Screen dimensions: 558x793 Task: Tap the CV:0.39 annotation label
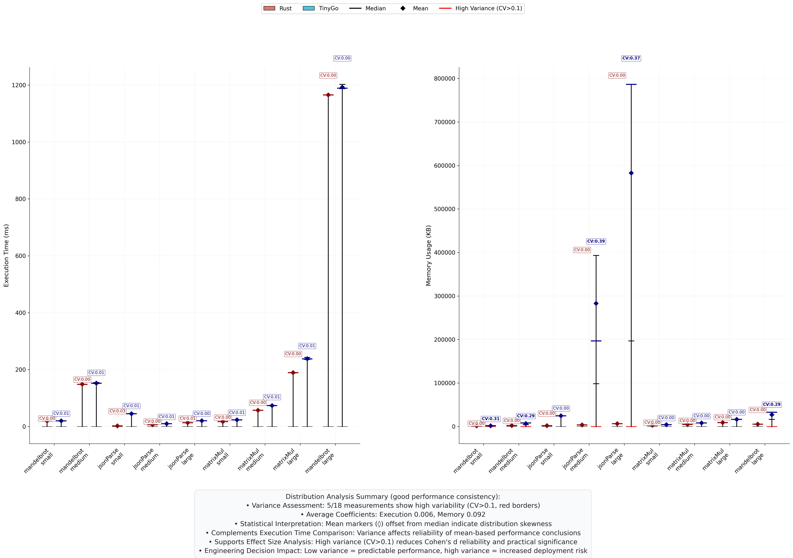(596, 241)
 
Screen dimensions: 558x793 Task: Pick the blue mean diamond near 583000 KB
(631, 173)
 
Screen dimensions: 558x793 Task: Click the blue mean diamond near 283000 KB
(596, 303)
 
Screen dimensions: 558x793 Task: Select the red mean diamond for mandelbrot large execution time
(328, 95)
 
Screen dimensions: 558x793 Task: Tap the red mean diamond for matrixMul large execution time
(293, 372)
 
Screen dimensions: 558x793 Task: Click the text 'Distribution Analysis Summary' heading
(393, 497)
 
